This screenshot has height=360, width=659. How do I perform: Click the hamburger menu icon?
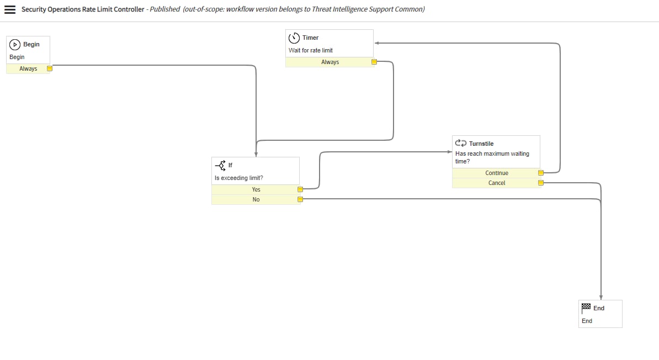click(10, 10)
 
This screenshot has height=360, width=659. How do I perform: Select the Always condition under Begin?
click(28, 69)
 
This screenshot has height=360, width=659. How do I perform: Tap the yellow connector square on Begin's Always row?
click(50, 69)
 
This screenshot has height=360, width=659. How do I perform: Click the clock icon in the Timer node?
click(294, 38)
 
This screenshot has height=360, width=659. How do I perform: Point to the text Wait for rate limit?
click(311, 50)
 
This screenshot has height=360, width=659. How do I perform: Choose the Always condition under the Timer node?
click(330, 62)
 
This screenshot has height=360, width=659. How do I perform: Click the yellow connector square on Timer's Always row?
click(374, 62)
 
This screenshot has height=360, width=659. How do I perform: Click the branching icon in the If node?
click(220, 165)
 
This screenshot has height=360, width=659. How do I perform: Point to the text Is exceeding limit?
click(239, 178)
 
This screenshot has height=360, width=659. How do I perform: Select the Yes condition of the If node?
click(256, 189)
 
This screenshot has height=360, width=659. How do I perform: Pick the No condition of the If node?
click(256, 199)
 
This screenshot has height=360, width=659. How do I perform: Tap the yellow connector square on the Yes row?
click(300, 189)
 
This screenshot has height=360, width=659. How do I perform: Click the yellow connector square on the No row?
click(300, 199)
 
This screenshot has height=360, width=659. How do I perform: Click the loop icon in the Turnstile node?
click(461, 143)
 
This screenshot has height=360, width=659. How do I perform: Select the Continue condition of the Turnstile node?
click(497, 173)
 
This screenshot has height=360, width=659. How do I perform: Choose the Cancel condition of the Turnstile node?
click(497, 183)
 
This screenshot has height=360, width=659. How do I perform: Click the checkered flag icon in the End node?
click(586, 308)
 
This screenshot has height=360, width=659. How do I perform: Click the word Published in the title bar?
click(165, 9)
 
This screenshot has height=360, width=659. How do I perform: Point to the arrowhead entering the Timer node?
click(376, 43)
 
